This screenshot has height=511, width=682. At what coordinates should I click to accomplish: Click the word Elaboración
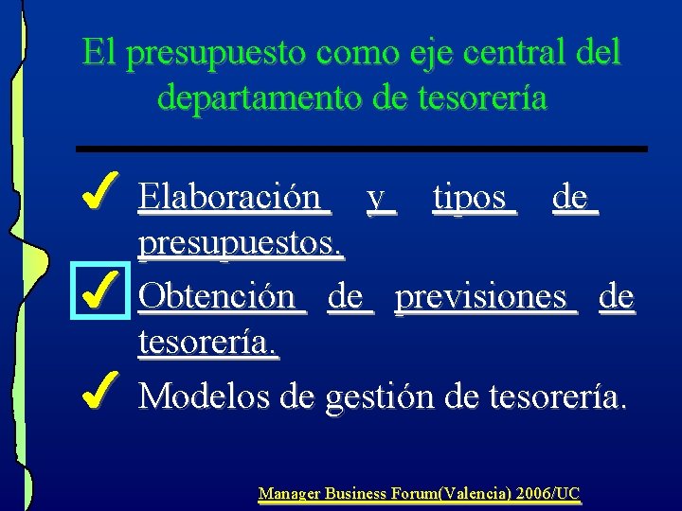(230, 198)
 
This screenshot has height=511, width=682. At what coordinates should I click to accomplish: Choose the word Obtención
(218, 297)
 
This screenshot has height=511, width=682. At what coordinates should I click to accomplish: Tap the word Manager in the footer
(289, 493)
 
